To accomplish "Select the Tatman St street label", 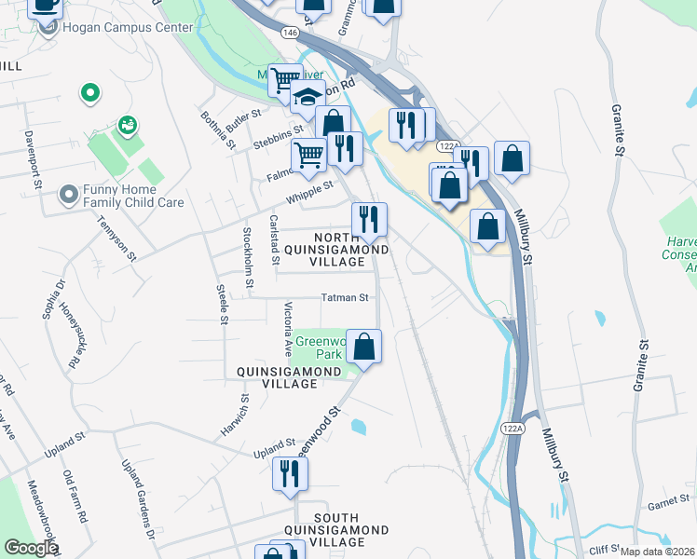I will tap(345, 298).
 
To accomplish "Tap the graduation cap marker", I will tap(305, 97).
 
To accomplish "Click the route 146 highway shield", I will tap(293, 32).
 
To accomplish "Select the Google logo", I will tap(31, 548).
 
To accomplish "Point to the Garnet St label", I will tap(667, 505).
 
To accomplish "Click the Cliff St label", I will tap(604, 551).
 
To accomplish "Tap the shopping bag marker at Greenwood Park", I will tap(364, 347).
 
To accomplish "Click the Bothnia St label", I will tap(215, 128).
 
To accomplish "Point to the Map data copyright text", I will tap(658, 552).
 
